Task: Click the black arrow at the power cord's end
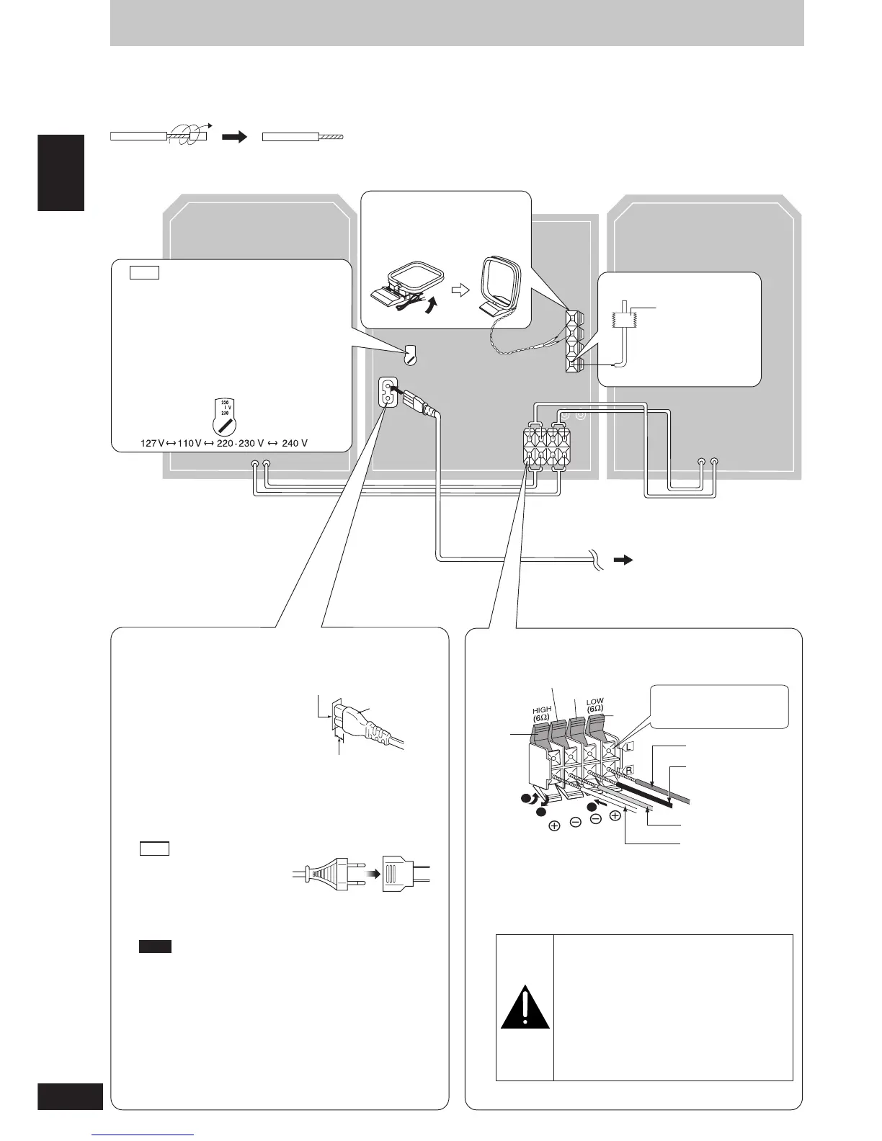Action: click(x=622, y=559)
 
